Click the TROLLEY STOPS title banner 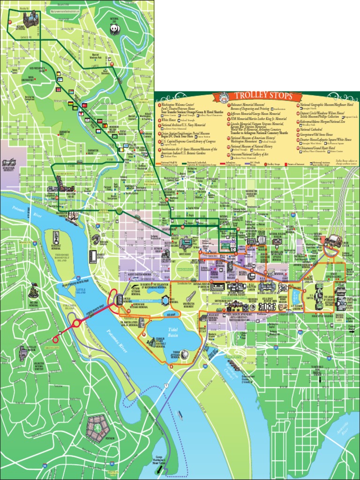click(x=257, y=97)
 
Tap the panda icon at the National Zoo click(x=114, y=29)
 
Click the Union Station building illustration click(x=334, y=241)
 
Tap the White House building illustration click(x=186, y=242)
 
